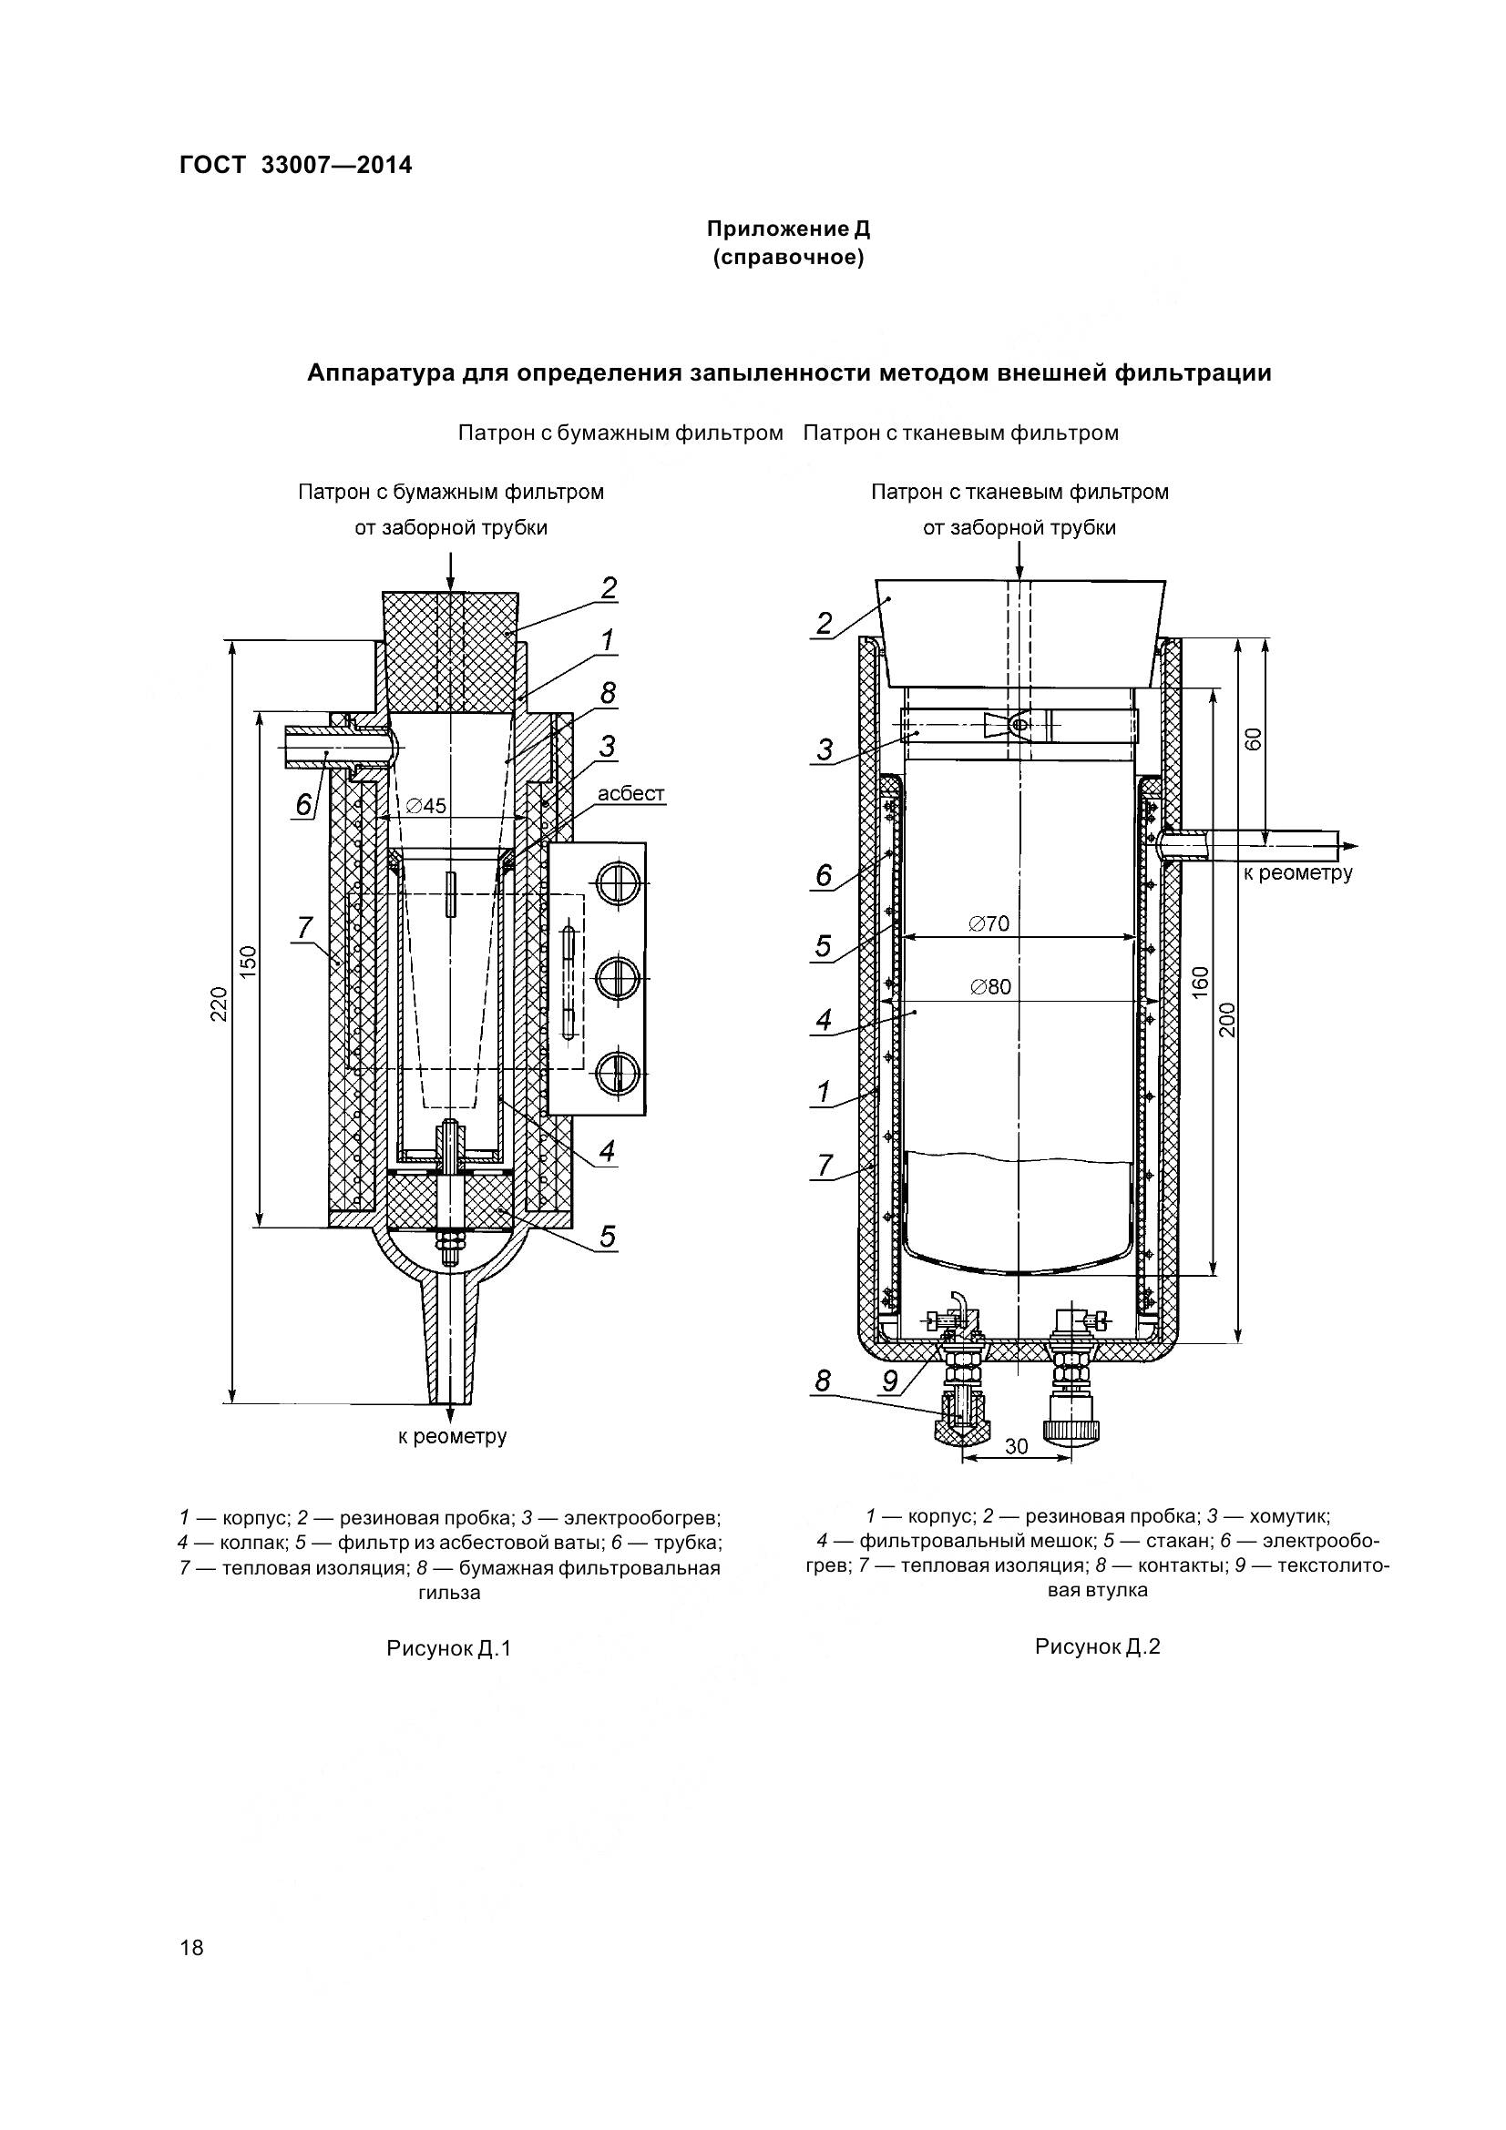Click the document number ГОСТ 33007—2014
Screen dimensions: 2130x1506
click(295, 165)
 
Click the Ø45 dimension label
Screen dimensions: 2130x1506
click(427, 805)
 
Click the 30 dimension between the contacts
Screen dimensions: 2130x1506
click(1017, 1446)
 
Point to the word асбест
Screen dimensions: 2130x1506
click(631, 793)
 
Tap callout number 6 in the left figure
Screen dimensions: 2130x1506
click(303, 804)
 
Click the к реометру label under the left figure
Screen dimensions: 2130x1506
click(452, 1436)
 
